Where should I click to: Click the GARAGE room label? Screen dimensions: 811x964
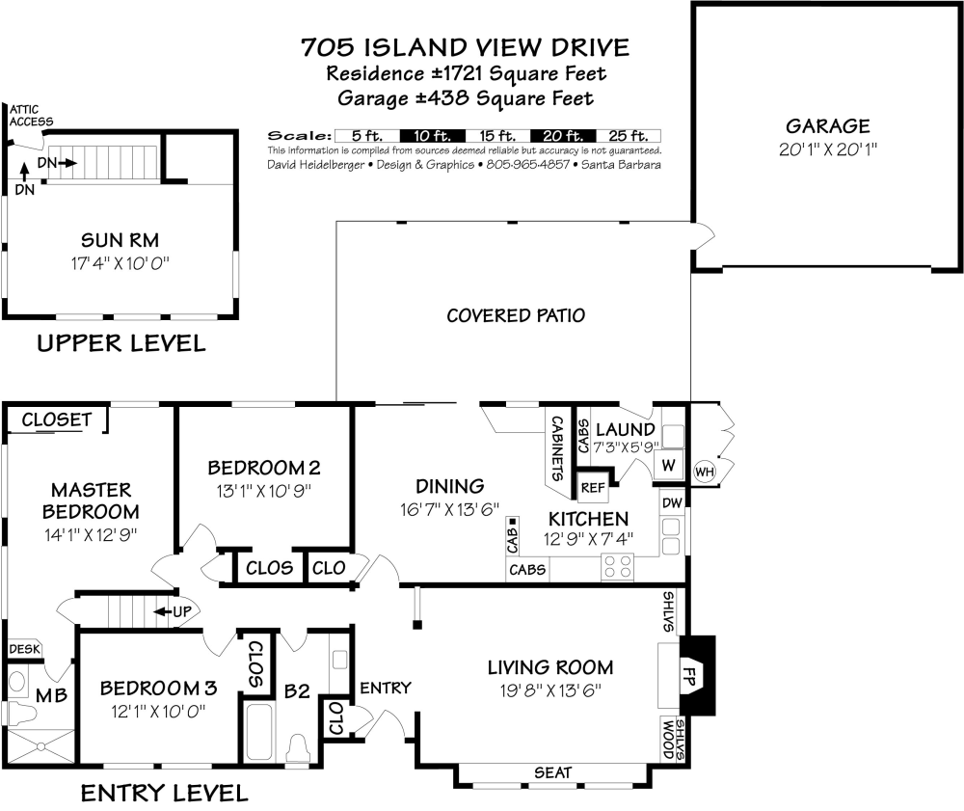tap(827, 126)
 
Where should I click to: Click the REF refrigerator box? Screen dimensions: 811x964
tap(592, 488)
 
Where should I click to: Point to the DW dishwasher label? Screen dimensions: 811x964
tap(672, 502)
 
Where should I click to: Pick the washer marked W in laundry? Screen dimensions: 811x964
tap(668, 465)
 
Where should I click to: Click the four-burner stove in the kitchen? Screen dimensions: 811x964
tap(617, 566)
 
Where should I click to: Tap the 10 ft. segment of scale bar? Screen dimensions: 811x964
tap(431, 136)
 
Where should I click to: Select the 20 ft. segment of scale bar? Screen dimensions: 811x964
tap(563, 136)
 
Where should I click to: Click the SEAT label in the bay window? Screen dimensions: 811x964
tap(552, 772)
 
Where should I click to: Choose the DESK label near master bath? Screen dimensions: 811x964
tap(24, 649)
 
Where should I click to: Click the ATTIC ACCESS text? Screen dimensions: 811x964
tap(30, 116)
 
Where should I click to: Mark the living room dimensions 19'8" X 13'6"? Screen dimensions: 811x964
tap(549, 689)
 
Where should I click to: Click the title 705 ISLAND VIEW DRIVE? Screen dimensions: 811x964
tap(465, 47)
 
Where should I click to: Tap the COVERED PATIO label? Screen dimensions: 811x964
tap(516, 315)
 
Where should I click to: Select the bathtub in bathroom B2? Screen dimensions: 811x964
tap(259, 732)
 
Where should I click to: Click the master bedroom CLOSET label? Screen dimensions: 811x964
tap(56, 419)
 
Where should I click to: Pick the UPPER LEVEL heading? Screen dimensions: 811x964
tap(120, 343)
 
